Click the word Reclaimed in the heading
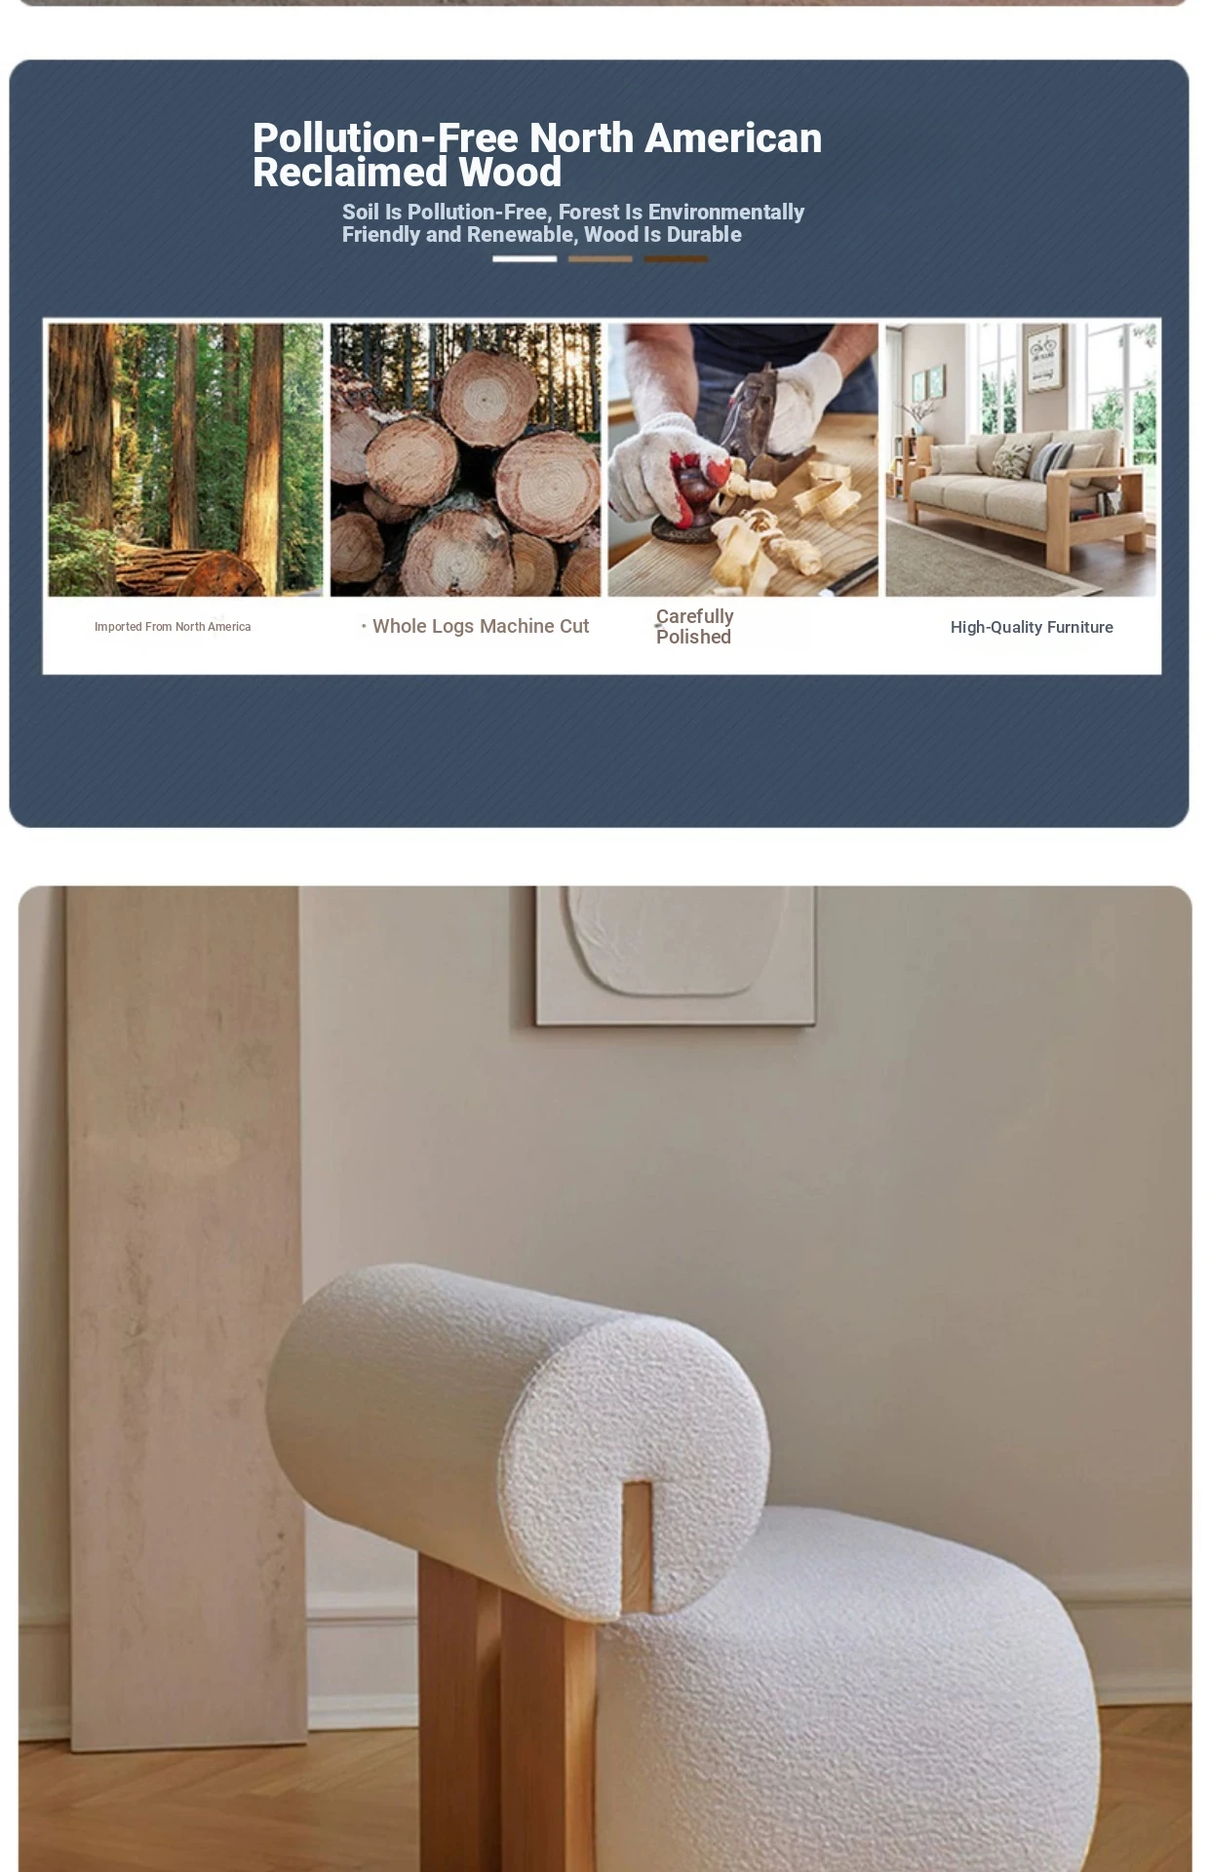[350, 173]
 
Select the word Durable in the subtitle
[704, 235]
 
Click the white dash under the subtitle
[525, 259]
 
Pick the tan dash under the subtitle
[601, 259]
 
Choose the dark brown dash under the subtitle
[676, 259]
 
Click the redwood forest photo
[185, 459]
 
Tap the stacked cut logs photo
[465, 459]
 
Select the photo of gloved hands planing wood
[743, 459]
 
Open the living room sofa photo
[1021, 459]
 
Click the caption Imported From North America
[173, 627]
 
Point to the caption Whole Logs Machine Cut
[481, 627]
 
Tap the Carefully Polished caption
[694, 627]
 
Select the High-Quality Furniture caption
[1032, 628]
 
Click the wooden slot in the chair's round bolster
[637, 1546]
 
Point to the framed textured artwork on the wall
[676, 955]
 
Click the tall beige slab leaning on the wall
[186, 1316]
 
